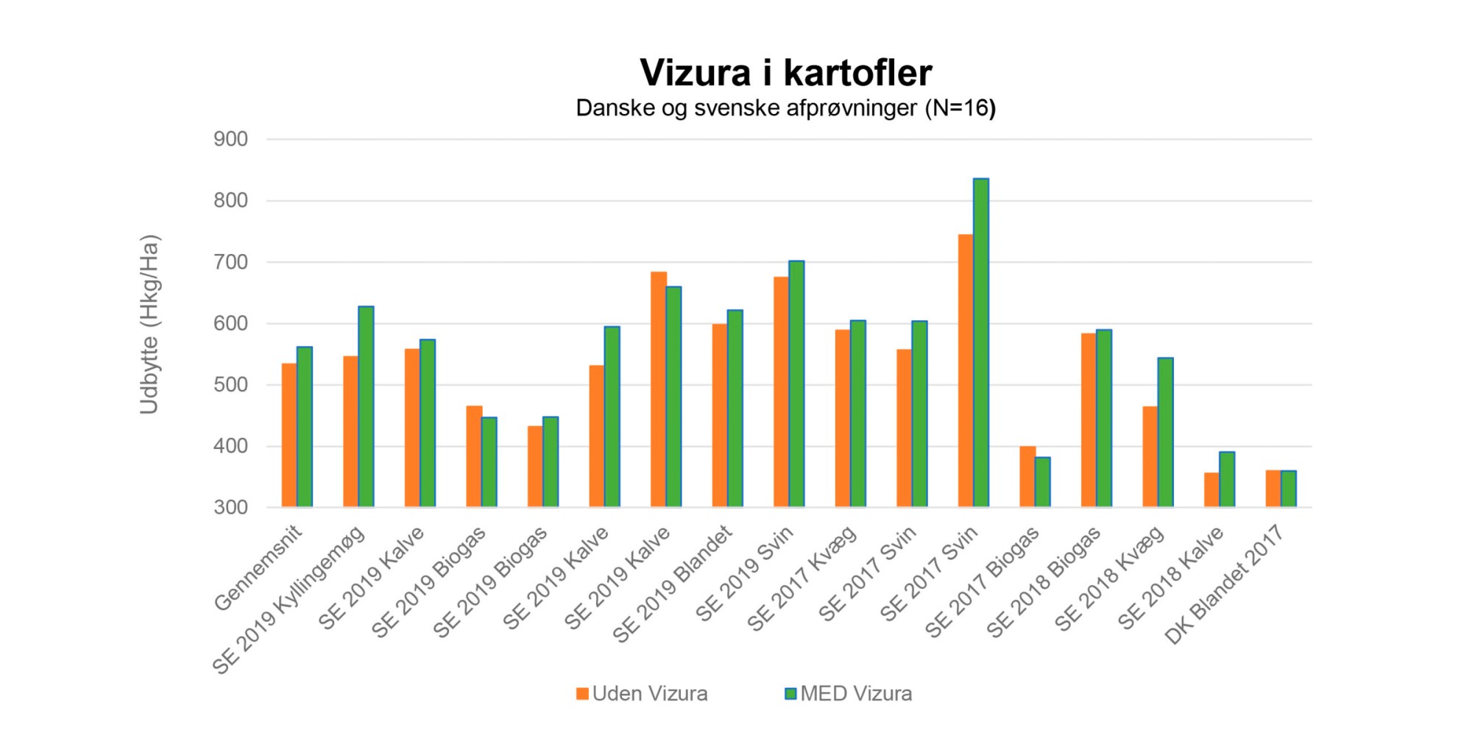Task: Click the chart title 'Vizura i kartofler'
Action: point(785,73)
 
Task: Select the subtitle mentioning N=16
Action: point(785,108)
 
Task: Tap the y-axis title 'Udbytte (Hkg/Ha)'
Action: point(149,324)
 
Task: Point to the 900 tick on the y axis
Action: point(230,139)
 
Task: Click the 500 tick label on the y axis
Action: point(230,385)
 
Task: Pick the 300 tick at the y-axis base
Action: point(230,507)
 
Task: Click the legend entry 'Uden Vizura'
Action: point(642,693)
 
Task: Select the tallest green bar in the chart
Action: point(981,342)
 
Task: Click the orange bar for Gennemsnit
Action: point(289,435)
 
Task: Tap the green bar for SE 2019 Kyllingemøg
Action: point(366,406)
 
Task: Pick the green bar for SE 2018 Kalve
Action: point(1227,479)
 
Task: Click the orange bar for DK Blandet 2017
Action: point(1273,489)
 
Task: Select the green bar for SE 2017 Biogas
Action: point(1042,482)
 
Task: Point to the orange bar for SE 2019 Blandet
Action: point(719,415)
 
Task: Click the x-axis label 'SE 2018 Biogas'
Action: point(1044,581)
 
